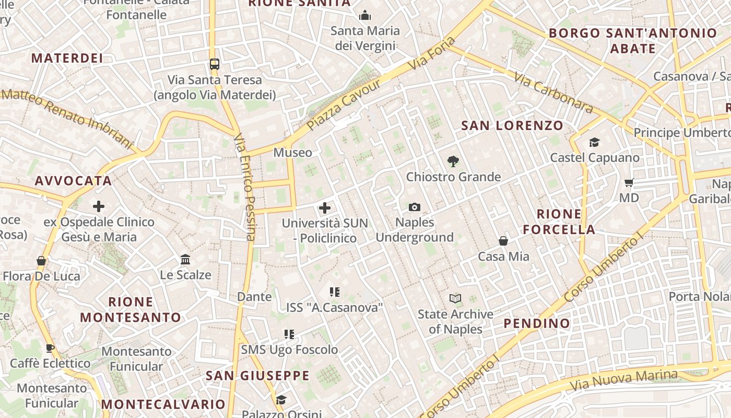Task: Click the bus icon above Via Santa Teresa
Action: click(214, 64)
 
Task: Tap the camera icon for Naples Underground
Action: click(415, 207)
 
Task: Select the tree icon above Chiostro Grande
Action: click(453, 161)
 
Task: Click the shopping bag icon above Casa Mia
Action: click(503, 241)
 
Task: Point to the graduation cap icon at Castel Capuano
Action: click(594, 142)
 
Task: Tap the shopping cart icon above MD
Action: click(629, 183)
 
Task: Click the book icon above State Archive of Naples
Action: click(455, 299)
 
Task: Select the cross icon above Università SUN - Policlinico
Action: click(325, 208)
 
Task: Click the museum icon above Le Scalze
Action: click(185, 259)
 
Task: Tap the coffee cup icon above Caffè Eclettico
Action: click(50, 348)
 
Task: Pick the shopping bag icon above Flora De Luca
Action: click(41, 261)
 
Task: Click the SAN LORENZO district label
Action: click(512, 125)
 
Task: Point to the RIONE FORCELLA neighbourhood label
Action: click(559, 222)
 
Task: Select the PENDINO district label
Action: click(537, 323)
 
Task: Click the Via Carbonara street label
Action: click(553, 92)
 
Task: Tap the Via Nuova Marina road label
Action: click(624, 380)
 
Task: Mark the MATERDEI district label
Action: click(67, 58)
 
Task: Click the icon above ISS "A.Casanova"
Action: click(335, 292)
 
